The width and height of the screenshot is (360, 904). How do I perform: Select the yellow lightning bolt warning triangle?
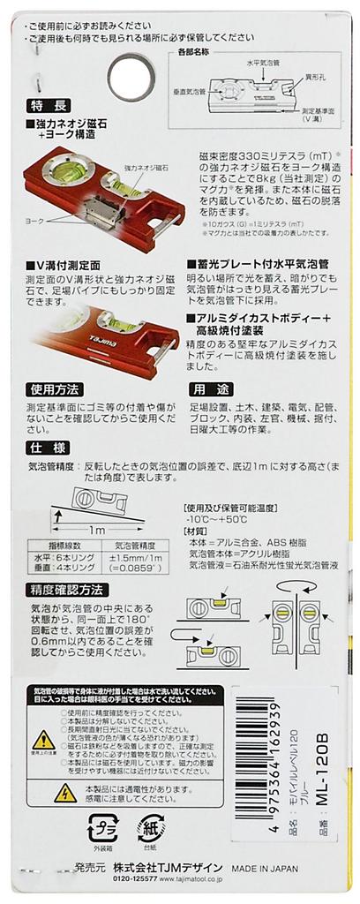click(x=64, y=794)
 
